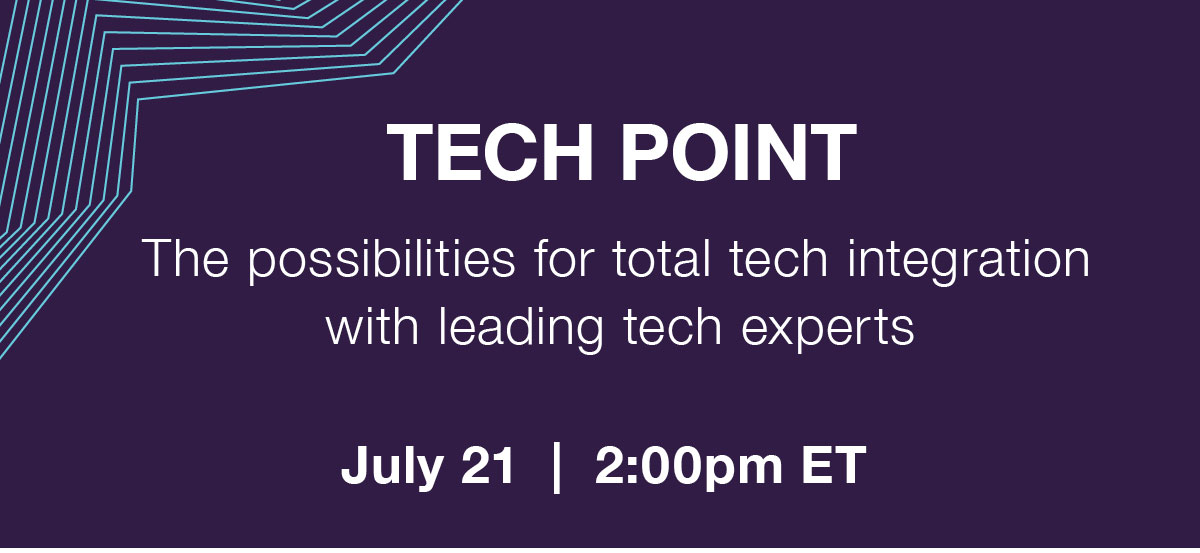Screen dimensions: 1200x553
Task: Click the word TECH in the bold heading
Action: click(490, 153)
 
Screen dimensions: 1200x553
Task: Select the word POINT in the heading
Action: click(738, 153)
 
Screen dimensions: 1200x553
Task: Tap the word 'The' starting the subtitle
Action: click(185, 258)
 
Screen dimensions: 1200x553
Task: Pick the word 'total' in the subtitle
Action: click(661, 258)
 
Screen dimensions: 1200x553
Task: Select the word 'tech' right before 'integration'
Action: click(779, 258)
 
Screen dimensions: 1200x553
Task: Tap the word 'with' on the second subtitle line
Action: click(372, 326)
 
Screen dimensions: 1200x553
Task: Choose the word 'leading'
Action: click(521, 331)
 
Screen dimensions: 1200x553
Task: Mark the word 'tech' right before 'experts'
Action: click(672, 326)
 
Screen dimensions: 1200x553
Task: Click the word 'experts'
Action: click(828, 331)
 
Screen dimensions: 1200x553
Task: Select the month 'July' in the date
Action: click(392, 467)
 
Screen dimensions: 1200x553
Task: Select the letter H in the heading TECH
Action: click(566, 153)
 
